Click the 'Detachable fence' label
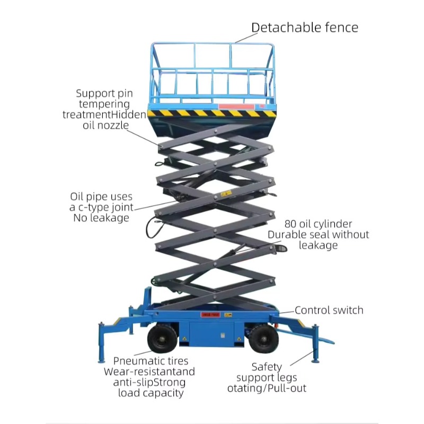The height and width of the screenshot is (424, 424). pyautogui.click(x=304, y=28)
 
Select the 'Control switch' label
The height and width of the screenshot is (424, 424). pyautogui.click(x=329, y=311)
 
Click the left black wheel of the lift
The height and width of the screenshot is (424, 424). pyautogui.click(x=162, y=338)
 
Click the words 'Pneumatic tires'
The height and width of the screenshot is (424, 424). pyautogui.click(x=151, y=361)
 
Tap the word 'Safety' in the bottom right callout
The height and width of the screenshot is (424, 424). pyautogui.click(x=267, y=367)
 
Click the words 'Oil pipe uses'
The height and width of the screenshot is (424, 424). pyautogui.click(x=101, y=197)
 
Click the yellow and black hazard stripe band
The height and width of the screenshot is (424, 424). pyautogui.click(x=212, y=113)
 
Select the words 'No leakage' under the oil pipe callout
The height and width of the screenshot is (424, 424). pyautogui.click(x=101, y=218)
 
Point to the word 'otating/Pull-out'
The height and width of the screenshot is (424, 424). pyautogui.click(x=267, y=388)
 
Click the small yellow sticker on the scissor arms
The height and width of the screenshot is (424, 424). pyautogui.click(x=226, y=193)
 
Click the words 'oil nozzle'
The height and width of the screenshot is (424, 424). pyautogui.click(x=105, y=125)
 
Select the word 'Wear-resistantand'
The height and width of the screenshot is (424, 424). pyautogui.click(x=149, y=372)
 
